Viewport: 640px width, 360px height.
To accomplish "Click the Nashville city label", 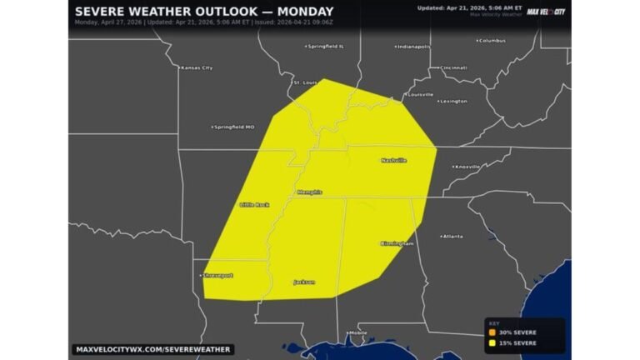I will click(x=394, y=160).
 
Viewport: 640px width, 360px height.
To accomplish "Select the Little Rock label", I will click(x=254, y=204).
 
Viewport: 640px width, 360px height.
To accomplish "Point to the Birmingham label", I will click(x=397, y=243).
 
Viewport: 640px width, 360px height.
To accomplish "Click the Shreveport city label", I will click(x=217, y=275).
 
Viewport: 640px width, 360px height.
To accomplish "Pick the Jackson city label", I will click(x=304, y=282).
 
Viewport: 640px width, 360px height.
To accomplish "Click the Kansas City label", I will click(x=197, y=67).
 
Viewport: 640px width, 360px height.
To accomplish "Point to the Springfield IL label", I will click(x=326, y=47).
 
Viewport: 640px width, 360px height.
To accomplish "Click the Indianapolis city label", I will click(x=413, y=47).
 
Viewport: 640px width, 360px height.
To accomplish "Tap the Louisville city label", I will click(x=421, y=94).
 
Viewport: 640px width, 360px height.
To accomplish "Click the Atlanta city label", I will click(x=453, y=236).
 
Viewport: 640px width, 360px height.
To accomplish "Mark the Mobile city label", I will click(x=358, y=332).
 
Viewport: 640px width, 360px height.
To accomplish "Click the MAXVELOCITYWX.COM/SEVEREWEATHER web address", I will click(x=152, y=349).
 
